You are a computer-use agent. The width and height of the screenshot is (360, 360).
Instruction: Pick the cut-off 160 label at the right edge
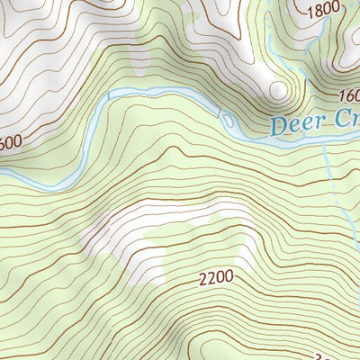pos(348,96)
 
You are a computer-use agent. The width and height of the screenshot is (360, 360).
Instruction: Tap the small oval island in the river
pos(227,120)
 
